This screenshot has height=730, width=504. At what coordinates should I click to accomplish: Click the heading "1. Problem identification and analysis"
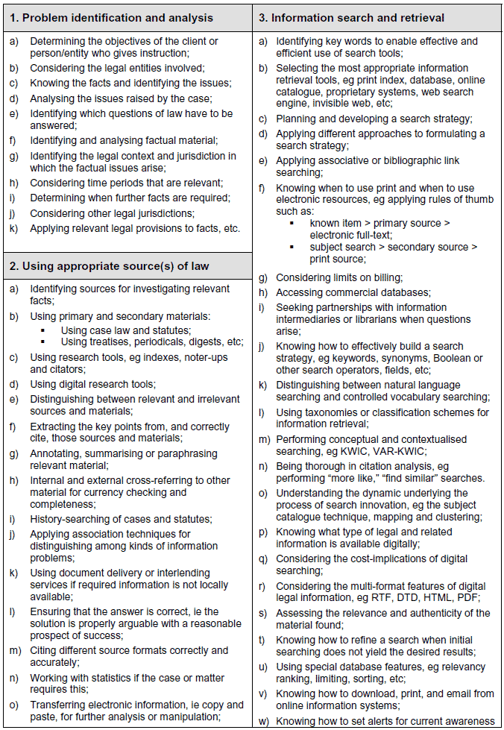pyautogui.click(x=118, y=18)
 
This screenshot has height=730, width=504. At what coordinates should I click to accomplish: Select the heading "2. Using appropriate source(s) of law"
pyautogui.click(x=110, y=266)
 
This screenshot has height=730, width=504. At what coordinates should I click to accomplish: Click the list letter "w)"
pyautogui.click(x=264, y=721)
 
